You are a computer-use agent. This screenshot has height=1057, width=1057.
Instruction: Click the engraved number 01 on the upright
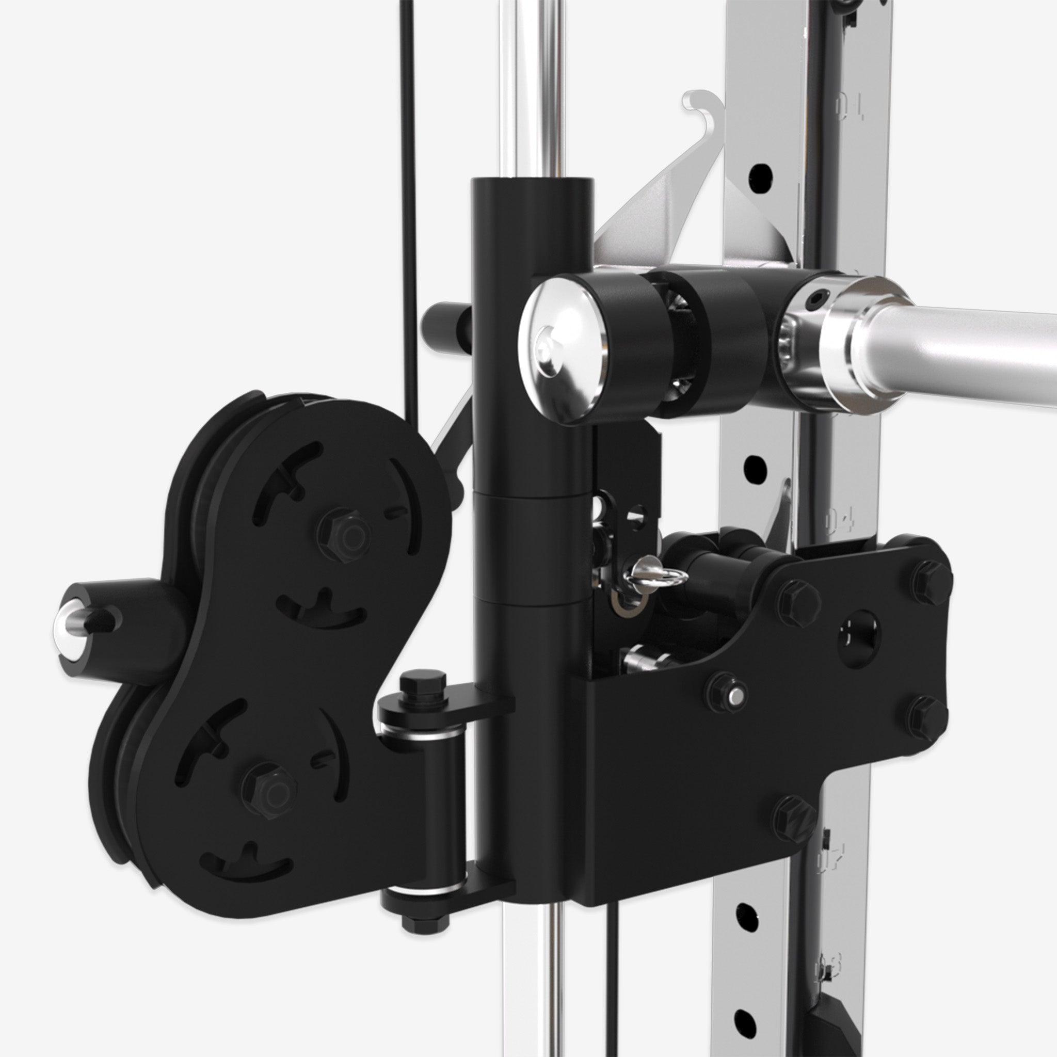coord(850,107)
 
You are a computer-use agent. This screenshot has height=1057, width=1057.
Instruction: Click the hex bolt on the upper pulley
coord(344,532)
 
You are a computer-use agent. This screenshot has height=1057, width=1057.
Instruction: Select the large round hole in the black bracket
coord(859,632)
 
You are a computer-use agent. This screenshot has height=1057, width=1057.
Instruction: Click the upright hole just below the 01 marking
coord(760,175)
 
